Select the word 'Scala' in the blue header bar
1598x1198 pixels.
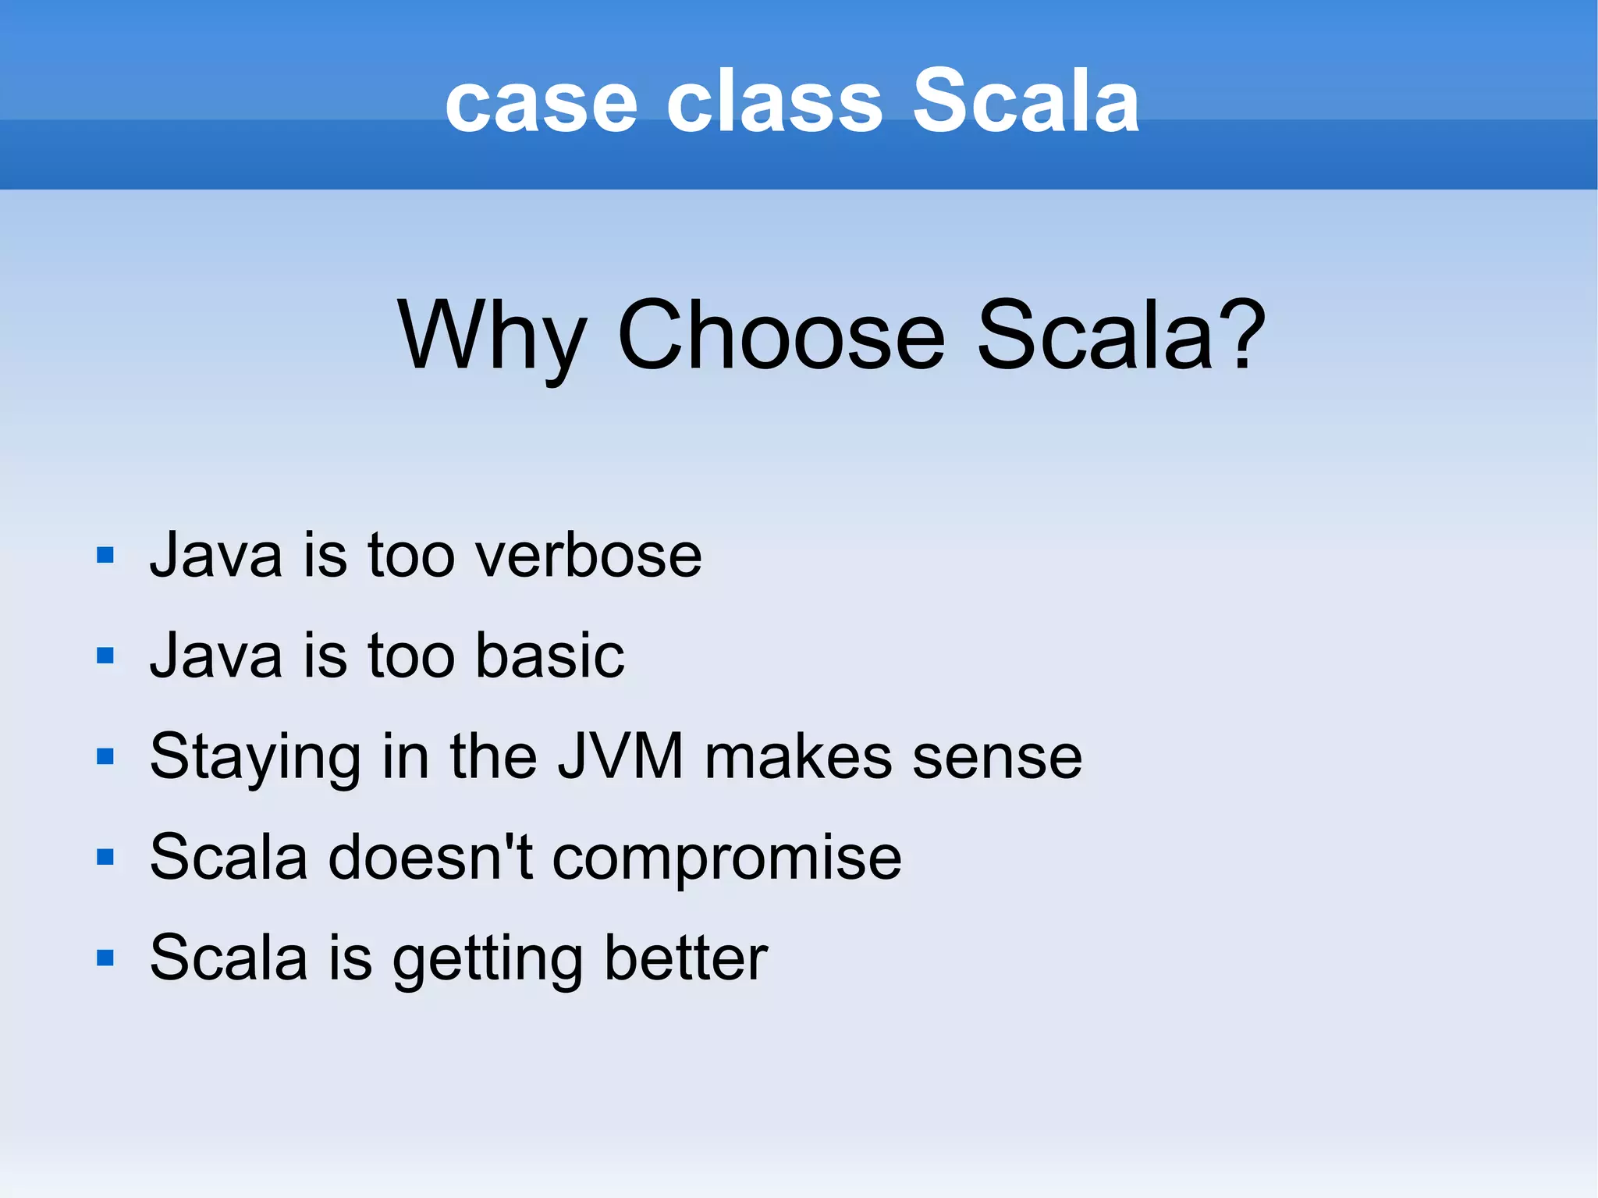[x=1025, y=101]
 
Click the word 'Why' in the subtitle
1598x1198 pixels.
[x=491, y=337]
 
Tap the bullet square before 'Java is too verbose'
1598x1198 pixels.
[x=105, y=555]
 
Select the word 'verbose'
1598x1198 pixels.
[x=588, y=556]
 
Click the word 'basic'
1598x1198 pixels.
[x=549, y=656]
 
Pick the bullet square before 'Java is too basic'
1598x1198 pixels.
[x=105, y=656]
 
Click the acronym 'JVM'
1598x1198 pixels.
[x=620, y=755]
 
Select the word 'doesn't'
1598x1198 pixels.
[x=430, y=857]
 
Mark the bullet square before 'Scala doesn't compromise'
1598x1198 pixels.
[x=105, y=857]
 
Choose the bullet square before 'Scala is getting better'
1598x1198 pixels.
[x=105, y=958]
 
